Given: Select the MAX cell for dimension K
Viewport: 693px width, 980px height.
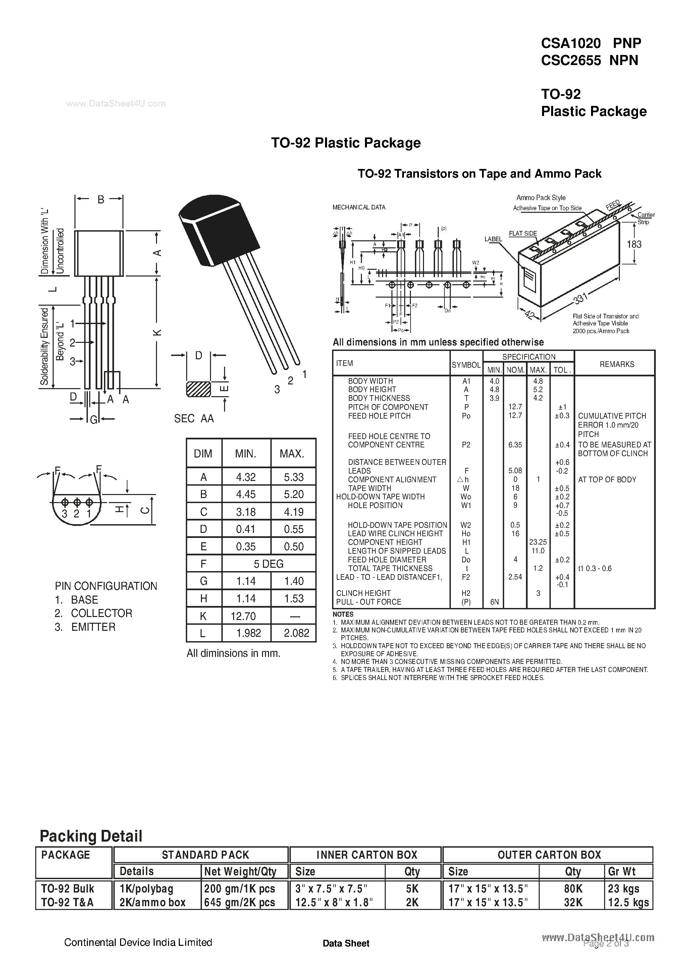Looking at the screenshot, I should coord(294,616).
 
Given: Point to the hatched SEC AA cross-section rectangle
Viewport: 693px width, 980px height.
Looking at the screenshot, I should coord(199,389).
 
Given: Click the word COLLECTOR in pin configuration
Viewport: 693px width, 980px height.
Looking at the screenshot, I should coord(102,613).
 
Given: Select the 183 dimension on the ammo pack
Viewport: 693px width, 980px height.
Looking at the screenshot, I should coord(634,244).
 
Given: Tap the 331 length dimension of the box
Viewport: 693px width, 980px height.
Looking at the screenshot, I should coord(581,298).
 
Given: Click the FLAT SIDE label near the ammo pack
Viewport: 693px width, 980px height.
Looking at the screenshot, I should coord(523,234).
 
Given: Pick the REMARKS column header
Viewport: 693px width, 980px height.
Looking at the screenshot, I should coord(617,364).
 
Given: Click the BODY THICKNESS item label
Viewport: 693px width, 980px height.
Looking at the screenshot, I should coord(379,398).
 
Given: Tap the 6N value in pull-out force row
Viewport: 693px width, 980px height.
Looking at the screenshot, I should coord(494,602).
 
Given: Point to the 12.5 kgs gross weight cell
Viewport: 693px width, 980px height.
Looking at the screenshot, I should coord(628,903).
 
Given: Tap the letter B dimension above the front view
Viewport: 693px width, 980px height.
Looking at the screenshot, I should coord(101,199).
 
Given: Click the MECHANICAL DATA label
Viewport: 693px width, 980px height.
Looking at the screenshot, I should coord(359,207).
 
